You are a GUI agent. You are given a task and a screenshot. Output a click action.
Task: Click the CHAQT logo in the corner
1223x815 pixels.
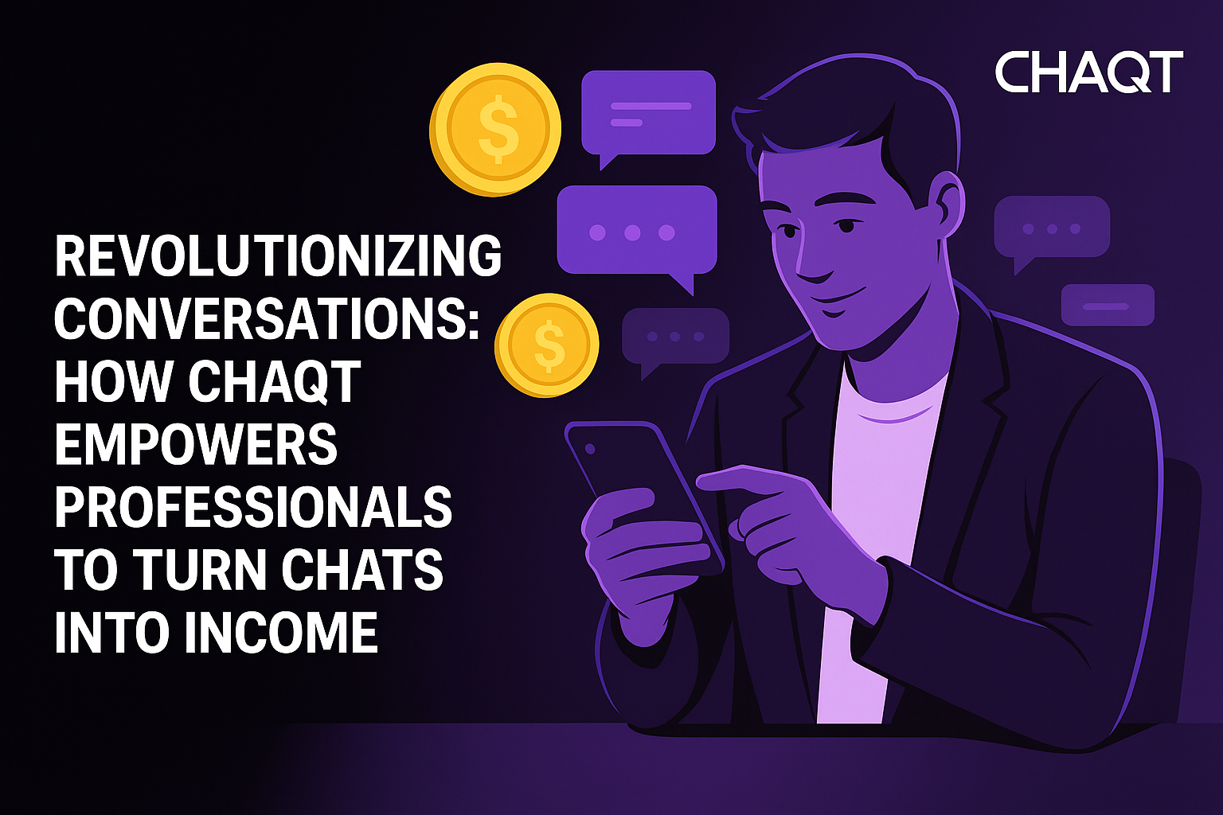1088,72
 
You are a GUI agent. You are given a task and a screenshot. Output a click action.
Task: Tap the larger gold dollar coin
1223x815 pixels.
495,129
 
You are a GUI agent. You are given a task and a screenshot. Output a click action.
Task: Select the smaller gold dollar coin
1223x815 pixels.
547,344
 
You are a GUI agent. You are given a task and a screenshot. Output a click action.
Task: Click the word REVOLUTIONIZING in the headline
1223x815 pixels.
278,255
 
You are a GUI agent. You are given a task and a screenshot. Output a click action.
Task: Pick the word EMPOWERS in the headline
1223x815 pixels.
196,444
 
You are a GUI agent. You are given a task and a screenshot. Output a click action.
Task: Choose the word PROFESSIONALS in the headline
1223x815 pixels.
253,507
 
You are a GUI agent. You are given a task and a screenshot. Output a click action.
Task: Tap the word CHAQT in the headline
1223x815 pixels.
275,381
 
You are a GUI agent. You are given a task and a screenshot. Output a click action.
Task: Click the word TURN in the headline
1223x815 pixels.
200,570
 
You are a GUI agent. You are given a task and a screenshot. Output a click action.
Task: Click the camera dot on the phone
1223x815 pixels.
590,449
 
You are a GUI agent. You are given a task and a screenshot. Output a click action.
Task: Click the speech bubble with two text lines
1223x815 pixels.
648,113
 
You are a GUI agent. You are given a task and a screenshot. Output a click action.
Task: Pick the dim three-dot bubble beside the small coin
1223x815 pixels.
675,337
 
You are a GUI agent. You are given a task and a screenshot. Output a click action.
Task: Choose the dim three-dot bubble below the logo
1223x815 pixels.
1051,228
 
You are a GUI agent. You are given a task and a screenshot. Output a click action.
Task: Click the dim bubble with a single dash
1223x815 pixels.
1108,306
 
